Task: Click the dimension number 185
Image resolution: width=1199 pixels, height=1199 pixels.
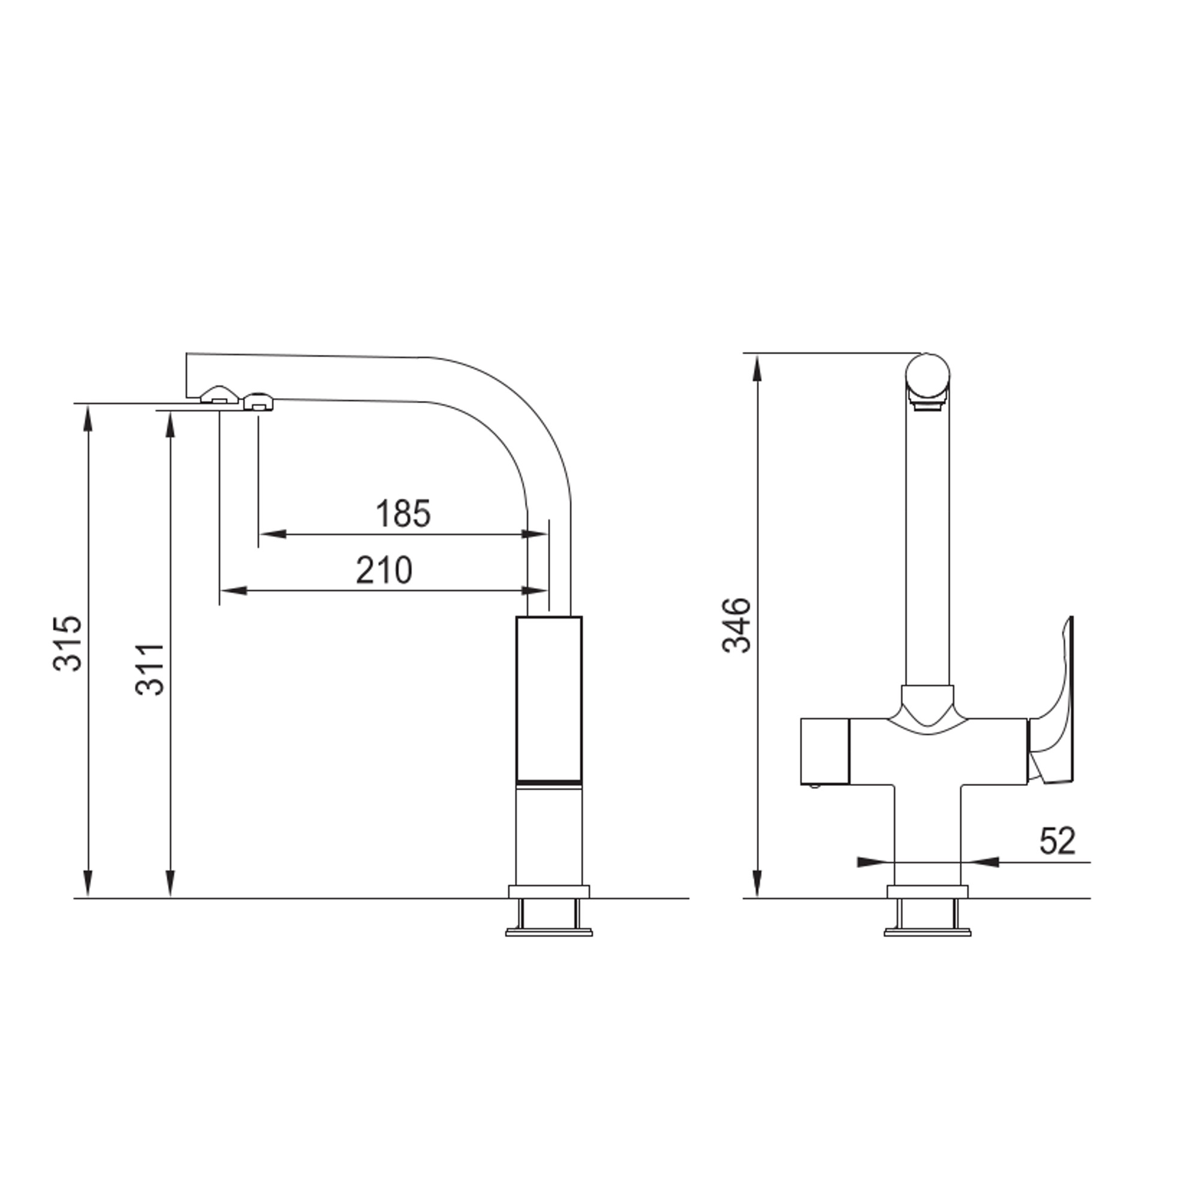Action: [x=403, y=514]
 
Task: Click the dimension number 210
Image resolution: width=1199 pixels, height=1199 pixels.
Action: [x=384, y=570]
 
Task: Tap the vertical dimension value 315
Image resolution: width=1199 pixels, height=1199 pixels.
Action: [x=67, y=643]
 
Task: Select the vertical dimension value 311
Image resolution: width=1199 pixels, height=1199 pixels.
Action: [x=149, y=670]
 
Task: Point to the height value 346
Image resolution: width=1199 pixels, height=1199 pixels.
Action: [x=736, y=625]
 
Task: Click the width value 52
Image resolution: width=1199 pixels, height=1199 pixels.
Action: [x=1057, y=841]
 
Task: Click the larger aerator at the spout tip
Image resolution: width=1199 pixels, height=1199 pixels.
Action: [x=219, y=394]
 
